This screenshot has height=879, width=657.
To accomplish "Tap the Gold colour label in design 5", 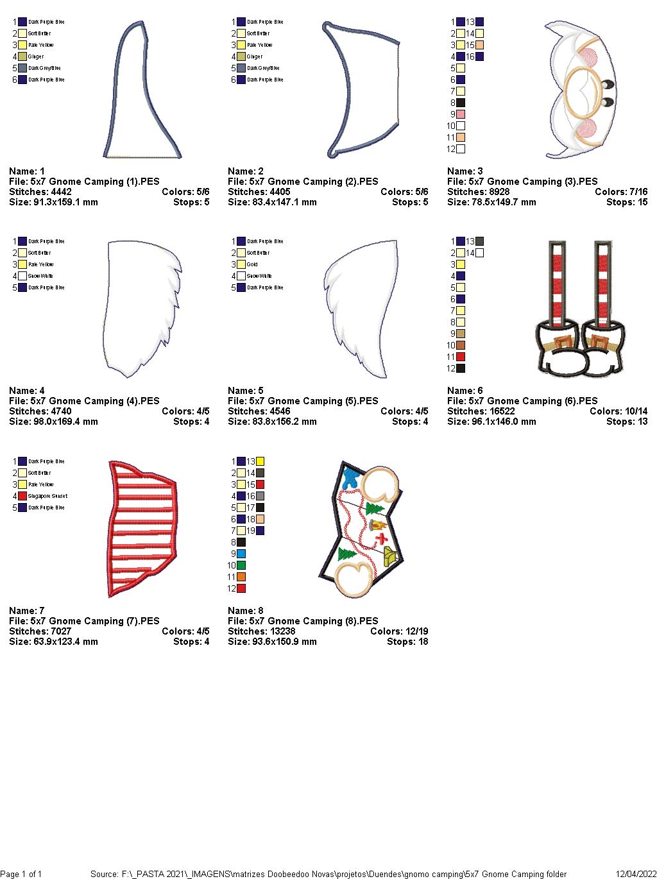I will click(x=252, y=264).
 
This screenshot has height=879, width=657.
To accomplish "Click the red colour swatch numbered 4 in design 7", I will click(x=22, y=496).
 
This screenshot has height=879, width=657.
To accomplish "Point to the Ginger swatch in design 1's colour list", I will click(x=22, y=56).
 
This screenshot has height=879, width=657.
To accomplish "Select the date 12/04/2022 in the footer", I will click(x=636, y=874).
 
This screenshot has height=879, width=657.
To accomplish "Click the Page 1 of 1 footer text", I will click(x=21, y=874).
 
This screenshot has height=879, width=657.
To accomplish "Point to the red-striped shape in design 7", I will click(x=143, y=528).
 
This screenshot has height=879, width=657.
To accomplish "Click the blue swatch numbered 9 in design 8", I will click(x=241, y=554).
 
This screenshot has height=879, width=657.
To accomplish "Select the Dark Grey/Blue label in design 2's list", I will click(x=263, y=68).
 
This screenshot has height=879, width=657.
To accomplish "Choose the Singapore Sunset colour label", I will click(x=47, y=496).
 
